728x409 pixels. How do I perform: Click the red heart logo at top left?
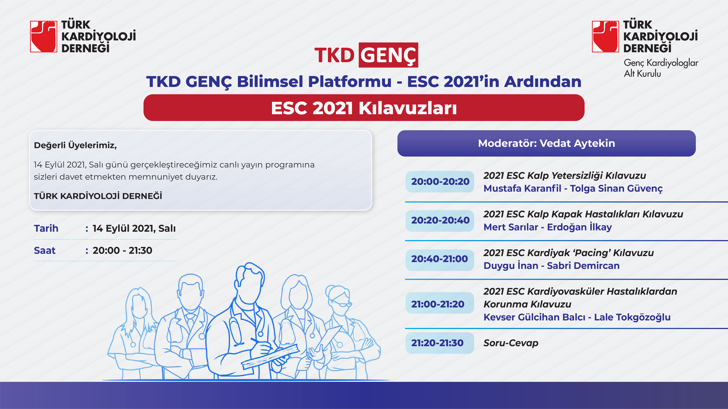(x=44, y=36)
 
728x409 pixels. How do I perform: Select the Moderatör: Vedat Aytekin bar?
(x=546, y=143)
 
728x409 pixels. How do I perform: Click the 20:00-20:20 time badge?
(x=440, y=182)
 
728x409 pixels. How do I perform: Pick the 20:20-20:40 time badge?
(x=440, y=220)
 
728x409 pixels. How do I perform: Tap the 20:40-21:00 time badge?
(x=440, y=259)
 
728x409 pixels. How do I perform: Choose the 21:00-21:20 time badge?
(x=440, y=304)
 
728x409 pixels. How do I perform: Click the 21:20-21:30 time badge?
(x=440, y=343)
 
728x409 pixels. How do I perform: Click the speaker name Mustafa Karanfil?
(x=522, y=188)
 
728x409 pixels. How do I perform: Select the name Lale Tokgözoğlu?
(x=632, y=317)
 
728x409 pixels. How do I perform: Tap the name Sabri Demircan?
(x=583, y=266)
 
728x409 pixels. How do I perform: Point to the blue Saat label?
(x=45, y=250)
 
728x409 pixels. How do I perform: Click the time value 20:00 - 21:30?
(x=122, y=250)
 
